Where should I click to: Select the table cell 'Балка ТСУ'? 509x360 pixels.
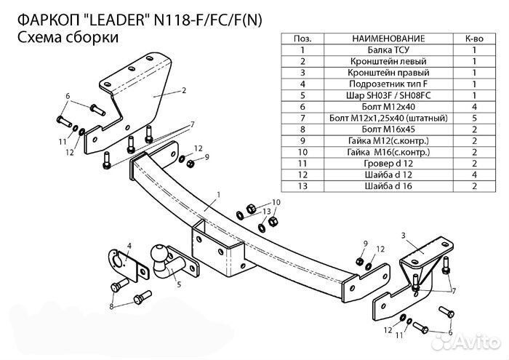(x=373, y=50)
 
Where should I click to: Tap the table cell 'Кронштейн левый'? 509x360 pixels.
(x=373, y=62)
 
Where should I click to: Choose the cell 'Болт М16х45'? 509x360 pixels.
(x=373, y=129)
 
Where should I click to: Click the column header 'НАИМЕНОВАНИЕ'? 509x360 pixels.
(x=373, y=39)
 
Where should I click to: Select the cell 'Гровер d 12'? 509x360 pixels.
(x=373, y=164)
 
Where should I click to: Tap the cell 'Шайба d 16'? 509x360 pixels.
(x=373, y=186)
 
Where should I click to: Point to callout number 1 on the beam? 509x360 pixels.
(x=217, y=194)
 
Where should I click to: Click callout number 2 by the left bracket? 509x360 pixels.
(x=184, y=90)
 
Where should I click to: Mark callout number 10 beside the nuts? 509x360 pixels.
(x=276, y=201)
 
